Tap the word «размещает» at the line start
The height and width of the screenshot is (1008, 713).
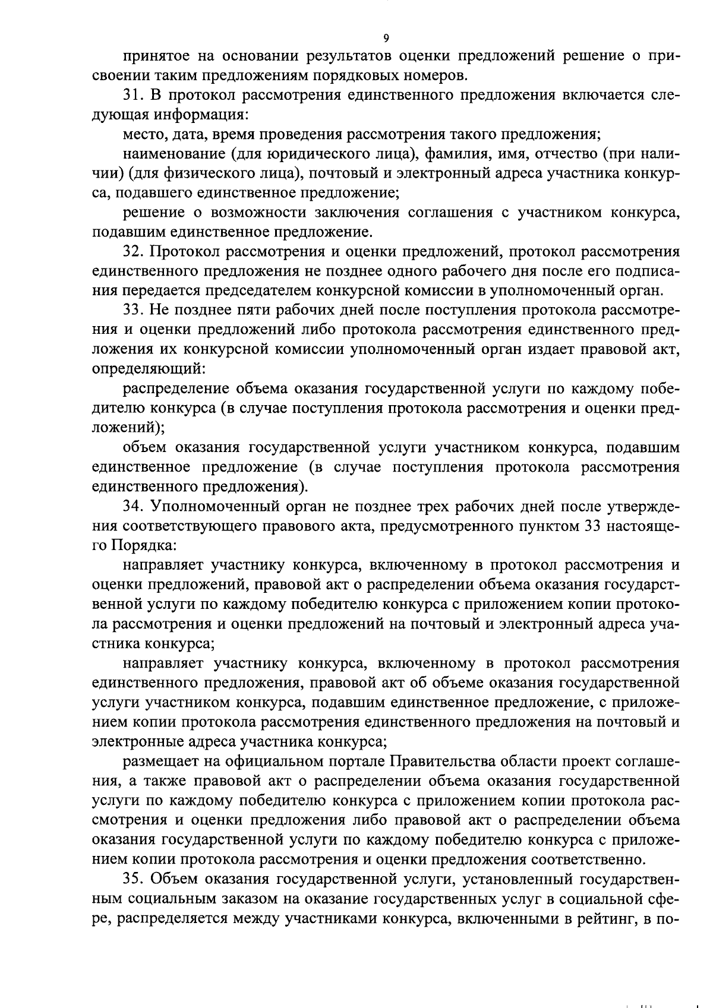(157, 761)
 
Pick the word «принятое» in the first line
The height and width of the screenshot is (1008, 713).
(154, 56)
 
